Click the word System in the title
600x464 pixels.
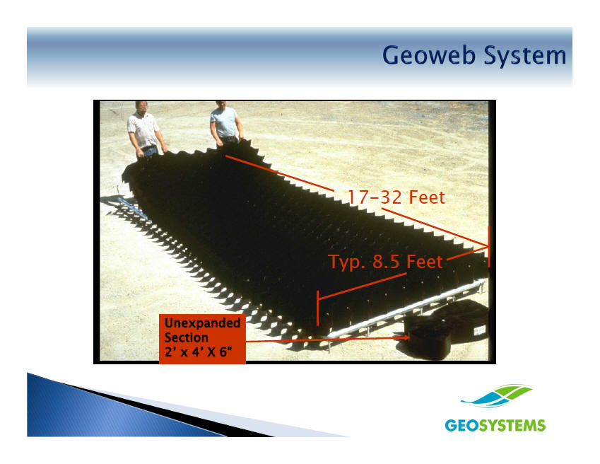coord(525,57)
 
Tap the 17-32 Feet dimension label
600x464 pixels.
coord(396,197)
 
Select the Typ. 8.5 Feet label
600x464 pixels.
coord(386,262)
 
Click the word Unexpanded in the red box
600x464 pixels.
coord(202,323)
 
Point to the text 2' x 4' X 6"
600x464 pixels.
coord(198,352)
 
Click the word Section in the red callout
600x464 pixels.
coord(187,337)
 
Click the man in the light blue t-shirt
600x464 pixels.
coord(225,122)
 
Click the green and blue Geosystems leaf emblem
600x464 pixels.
coord(497,396)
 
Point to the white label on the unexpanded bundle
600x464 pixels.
coord(480,330)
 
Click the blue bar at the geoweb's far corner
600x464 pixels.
coord(132,208)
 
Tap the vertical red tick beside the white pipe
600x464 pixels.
coord(317,308)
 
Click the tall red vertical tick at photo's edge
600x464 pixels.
coord(488,247)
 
